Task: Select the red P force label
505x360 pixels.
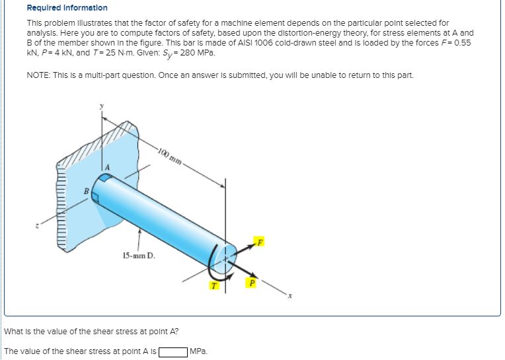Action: pos(249,283)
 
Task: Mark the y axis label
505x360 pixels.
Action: pos(101,105)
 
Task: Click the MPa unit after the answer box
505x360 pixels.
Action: pos(198,351)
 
